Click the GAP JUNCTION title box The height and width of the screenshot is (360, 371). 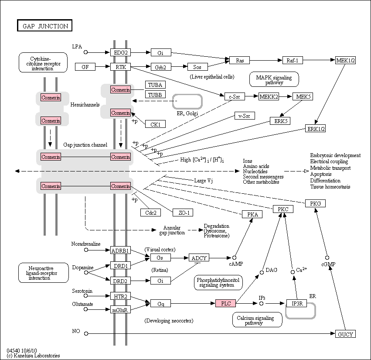45,25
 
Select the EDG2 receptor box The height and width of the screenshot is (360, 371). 120,52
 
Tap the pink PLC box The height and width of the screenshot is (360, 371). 225,303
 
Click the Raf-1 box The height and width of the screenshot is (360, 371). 293,60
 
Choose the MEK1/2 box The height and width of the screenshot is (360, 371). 345,60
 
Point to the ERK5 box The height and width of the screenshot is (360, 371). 280,121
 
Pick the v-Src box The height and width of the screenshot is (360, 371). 245,116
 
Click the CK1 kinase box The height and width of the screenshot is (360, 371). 155,124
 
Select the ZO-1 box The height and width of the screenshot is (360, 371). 183,213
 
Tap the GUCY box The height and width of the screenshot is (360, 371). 345,334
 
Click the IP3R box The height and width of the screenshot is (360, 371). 296,303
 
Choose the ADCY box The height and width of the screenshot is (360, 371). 199,257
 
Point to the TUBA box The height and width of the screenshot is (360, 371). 155,85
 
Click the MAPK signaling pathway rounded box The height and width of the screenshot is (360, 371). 274,79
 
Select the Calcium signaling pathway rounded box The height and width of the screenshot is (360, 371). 257,320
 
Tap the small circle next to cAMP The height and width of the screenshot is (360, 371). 234,258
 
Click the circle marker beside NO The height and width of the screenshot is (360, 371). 86,333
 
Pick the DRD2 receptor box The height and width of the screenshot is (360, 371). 120,281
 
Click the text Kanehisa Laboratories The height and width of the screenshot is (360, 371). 37,356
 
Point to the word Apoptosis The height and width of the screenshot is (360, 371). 321,174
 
